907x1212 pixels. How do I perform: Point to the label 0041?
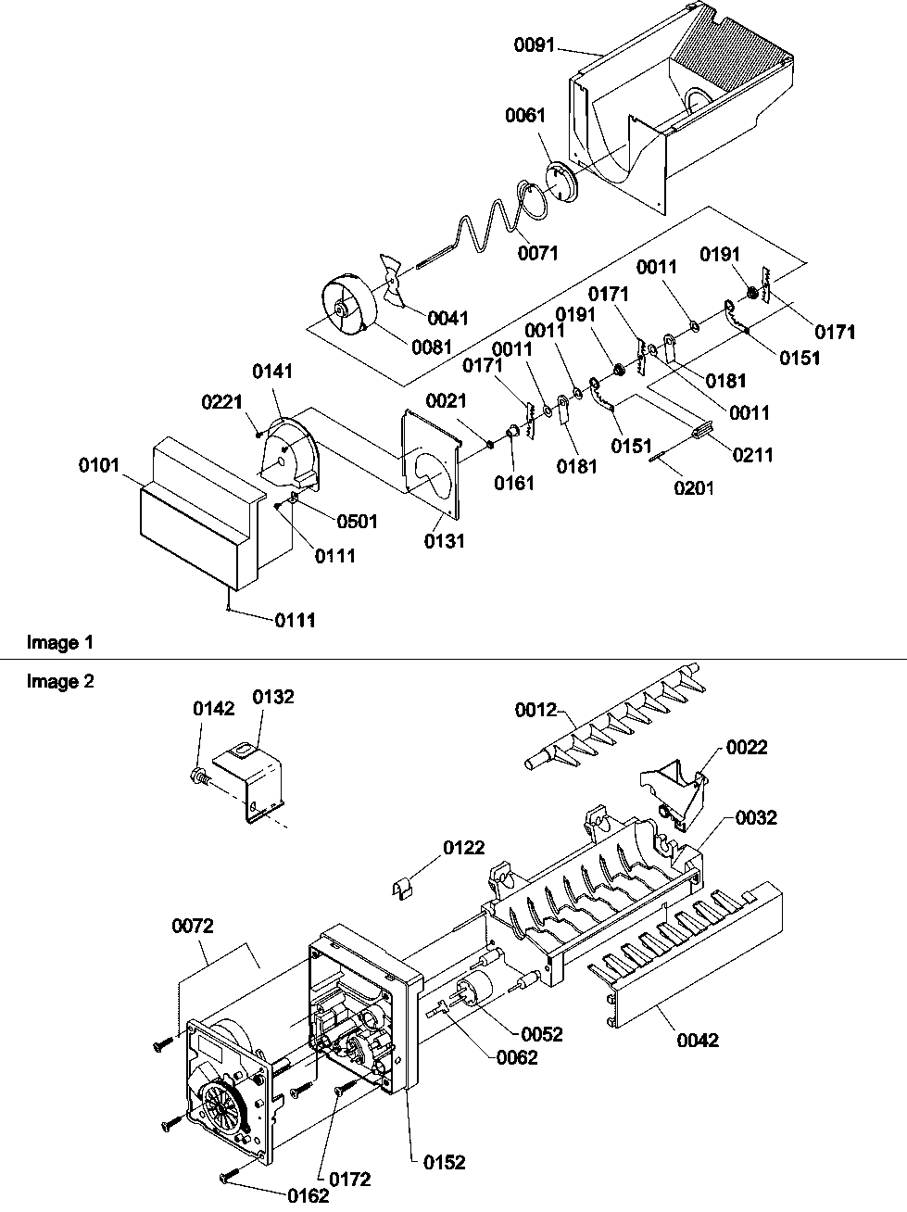(x=449, y=318)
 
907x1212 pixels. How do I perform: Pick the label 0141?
(x=273, y=371)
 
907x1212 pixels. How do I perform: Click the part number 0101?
(x=99, y=463)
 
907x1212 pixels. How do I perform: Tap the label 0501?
(x=357, y=521)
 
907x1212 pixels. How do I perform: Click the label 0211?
(x=752, y=455)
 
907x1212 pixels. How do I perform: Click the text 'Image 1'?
(x=60, y=641)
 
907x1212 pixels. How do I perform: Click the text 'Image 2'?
(x=60, y=681)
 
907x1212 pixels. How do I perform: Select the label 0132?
(x=274, y=697)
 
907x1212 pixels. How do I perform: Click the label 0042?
(x=698, y=1040)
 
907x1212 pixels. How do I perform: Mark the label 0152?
(x=446, y=1161)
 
